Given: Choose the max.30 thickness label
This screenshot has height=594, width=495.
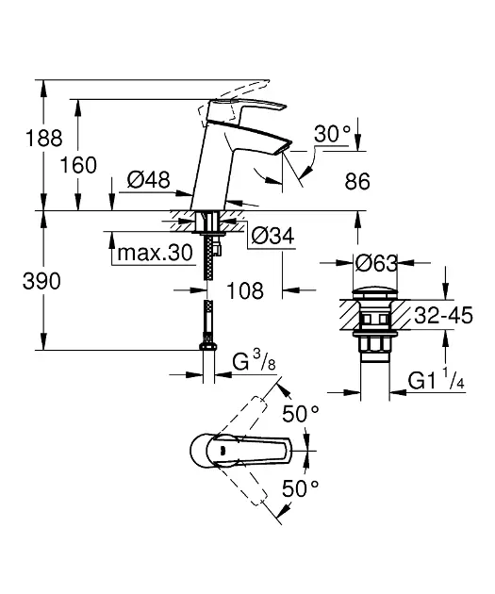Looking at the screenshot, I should coord(155,253).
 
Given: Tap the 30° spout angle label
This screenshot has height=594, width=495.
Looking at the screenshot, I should coord(332,136).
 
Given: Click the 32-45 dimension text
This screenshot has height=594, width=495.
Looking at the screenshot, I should coord(443,316).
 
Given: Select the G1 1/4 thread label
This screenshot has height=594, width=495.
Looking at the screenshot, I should coord(434,381).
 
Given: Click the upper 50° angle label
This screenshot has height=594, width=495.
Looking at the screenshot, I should coord(302,414).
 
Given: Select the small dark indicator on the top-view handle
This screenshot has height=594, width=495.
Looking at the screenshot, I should coord(221,451).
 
